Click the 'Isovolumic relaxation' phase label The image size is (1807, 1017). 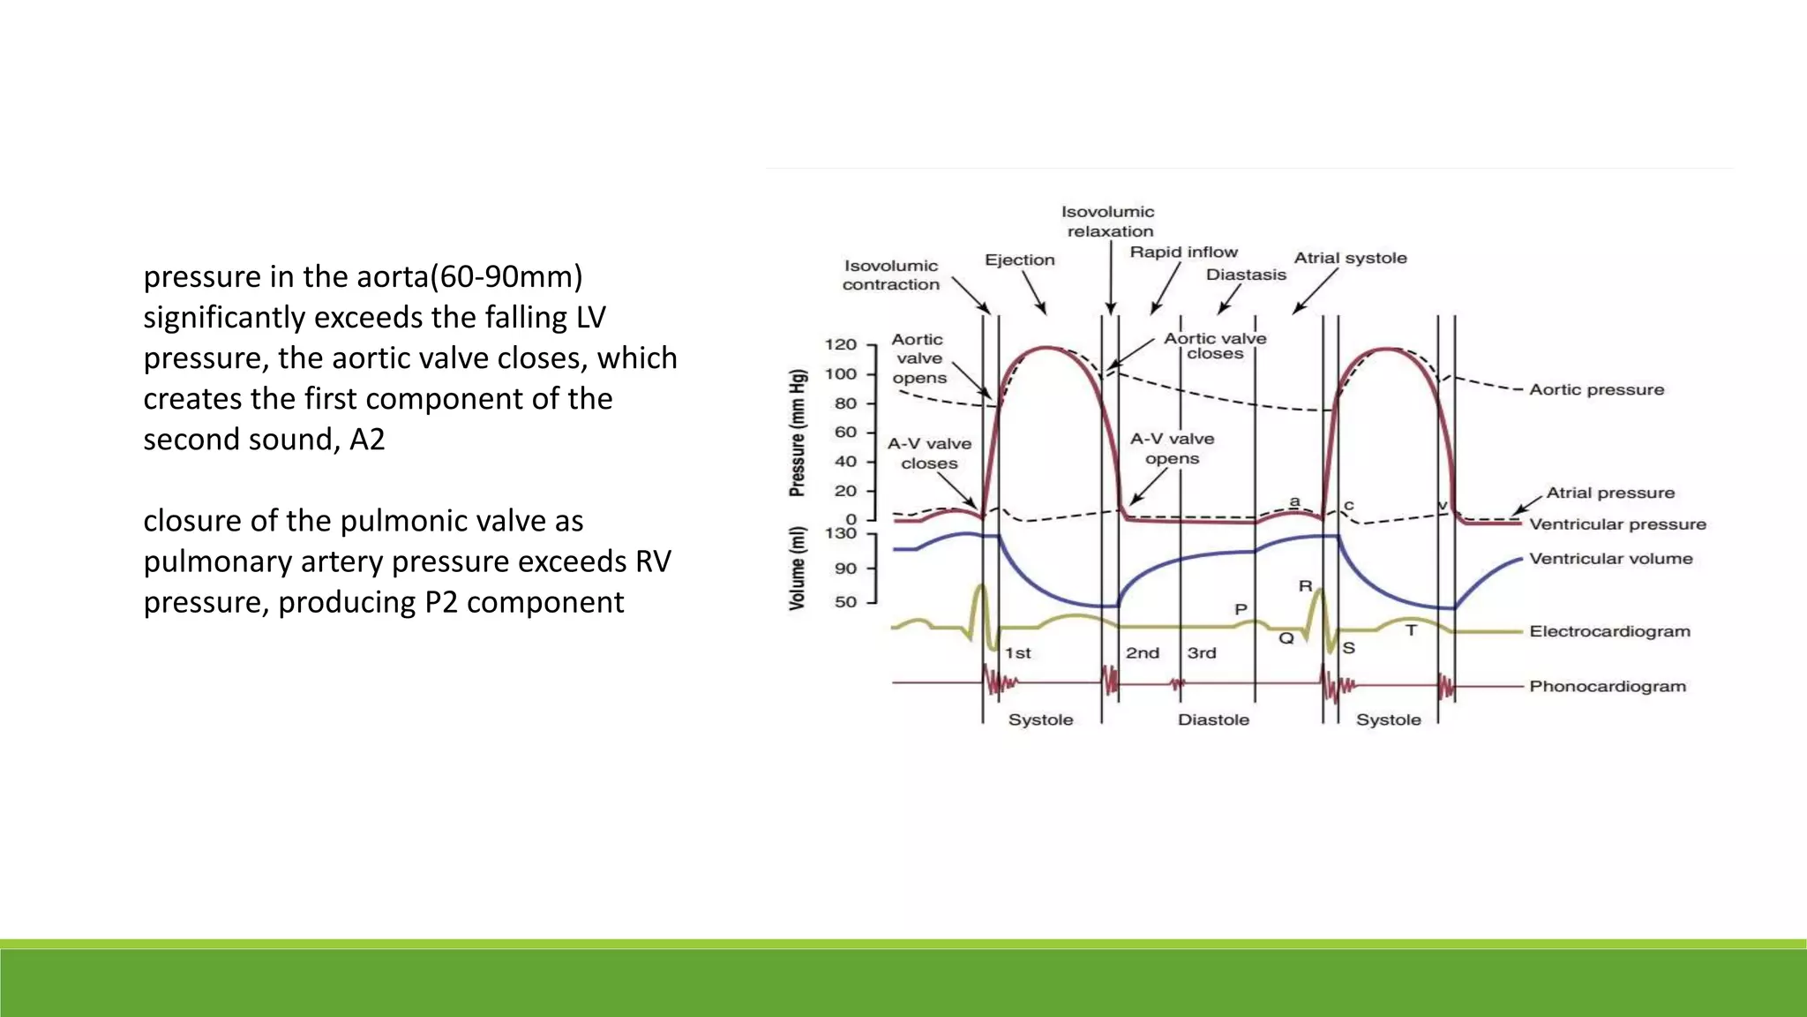[1108, 222]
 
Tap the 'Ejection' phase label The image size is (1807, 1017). [1019, 260]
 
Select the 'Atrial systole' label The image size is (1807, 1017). [1350, 258]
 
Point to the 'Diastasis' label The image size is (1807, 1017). [1246, 275]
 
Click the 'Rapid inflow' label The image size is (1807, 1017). [1183, 252]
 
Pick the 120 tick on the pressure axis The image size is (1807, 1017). [840, 344]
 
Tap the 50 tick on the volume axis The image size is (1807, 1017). [845, 602]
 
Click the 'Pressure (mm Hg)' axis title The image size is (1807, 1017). [798, 433]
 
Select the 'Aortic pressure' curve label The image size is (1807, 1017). [1596, 389]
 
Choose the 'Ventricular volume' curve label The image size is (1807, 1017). [1610, 559]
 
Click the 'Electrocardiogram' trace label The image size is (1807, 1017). [1609, 631]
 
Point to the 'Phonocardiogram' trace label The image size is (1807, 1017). [1607, 686]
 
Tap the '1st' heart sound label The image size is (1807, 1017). [1017, 653]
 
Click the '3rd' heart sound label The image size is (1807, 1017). [1201, 653]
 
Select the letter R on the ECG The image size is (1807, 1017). [1305, 586]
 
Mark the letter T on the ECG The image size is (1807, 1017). [1411, 630]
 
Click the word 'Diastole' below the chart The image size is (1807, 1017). [1213, 719]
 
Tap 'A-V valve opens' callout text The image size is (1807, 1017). [1172, 448]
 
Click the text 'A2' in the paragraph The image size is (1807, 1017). [367, 439]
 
